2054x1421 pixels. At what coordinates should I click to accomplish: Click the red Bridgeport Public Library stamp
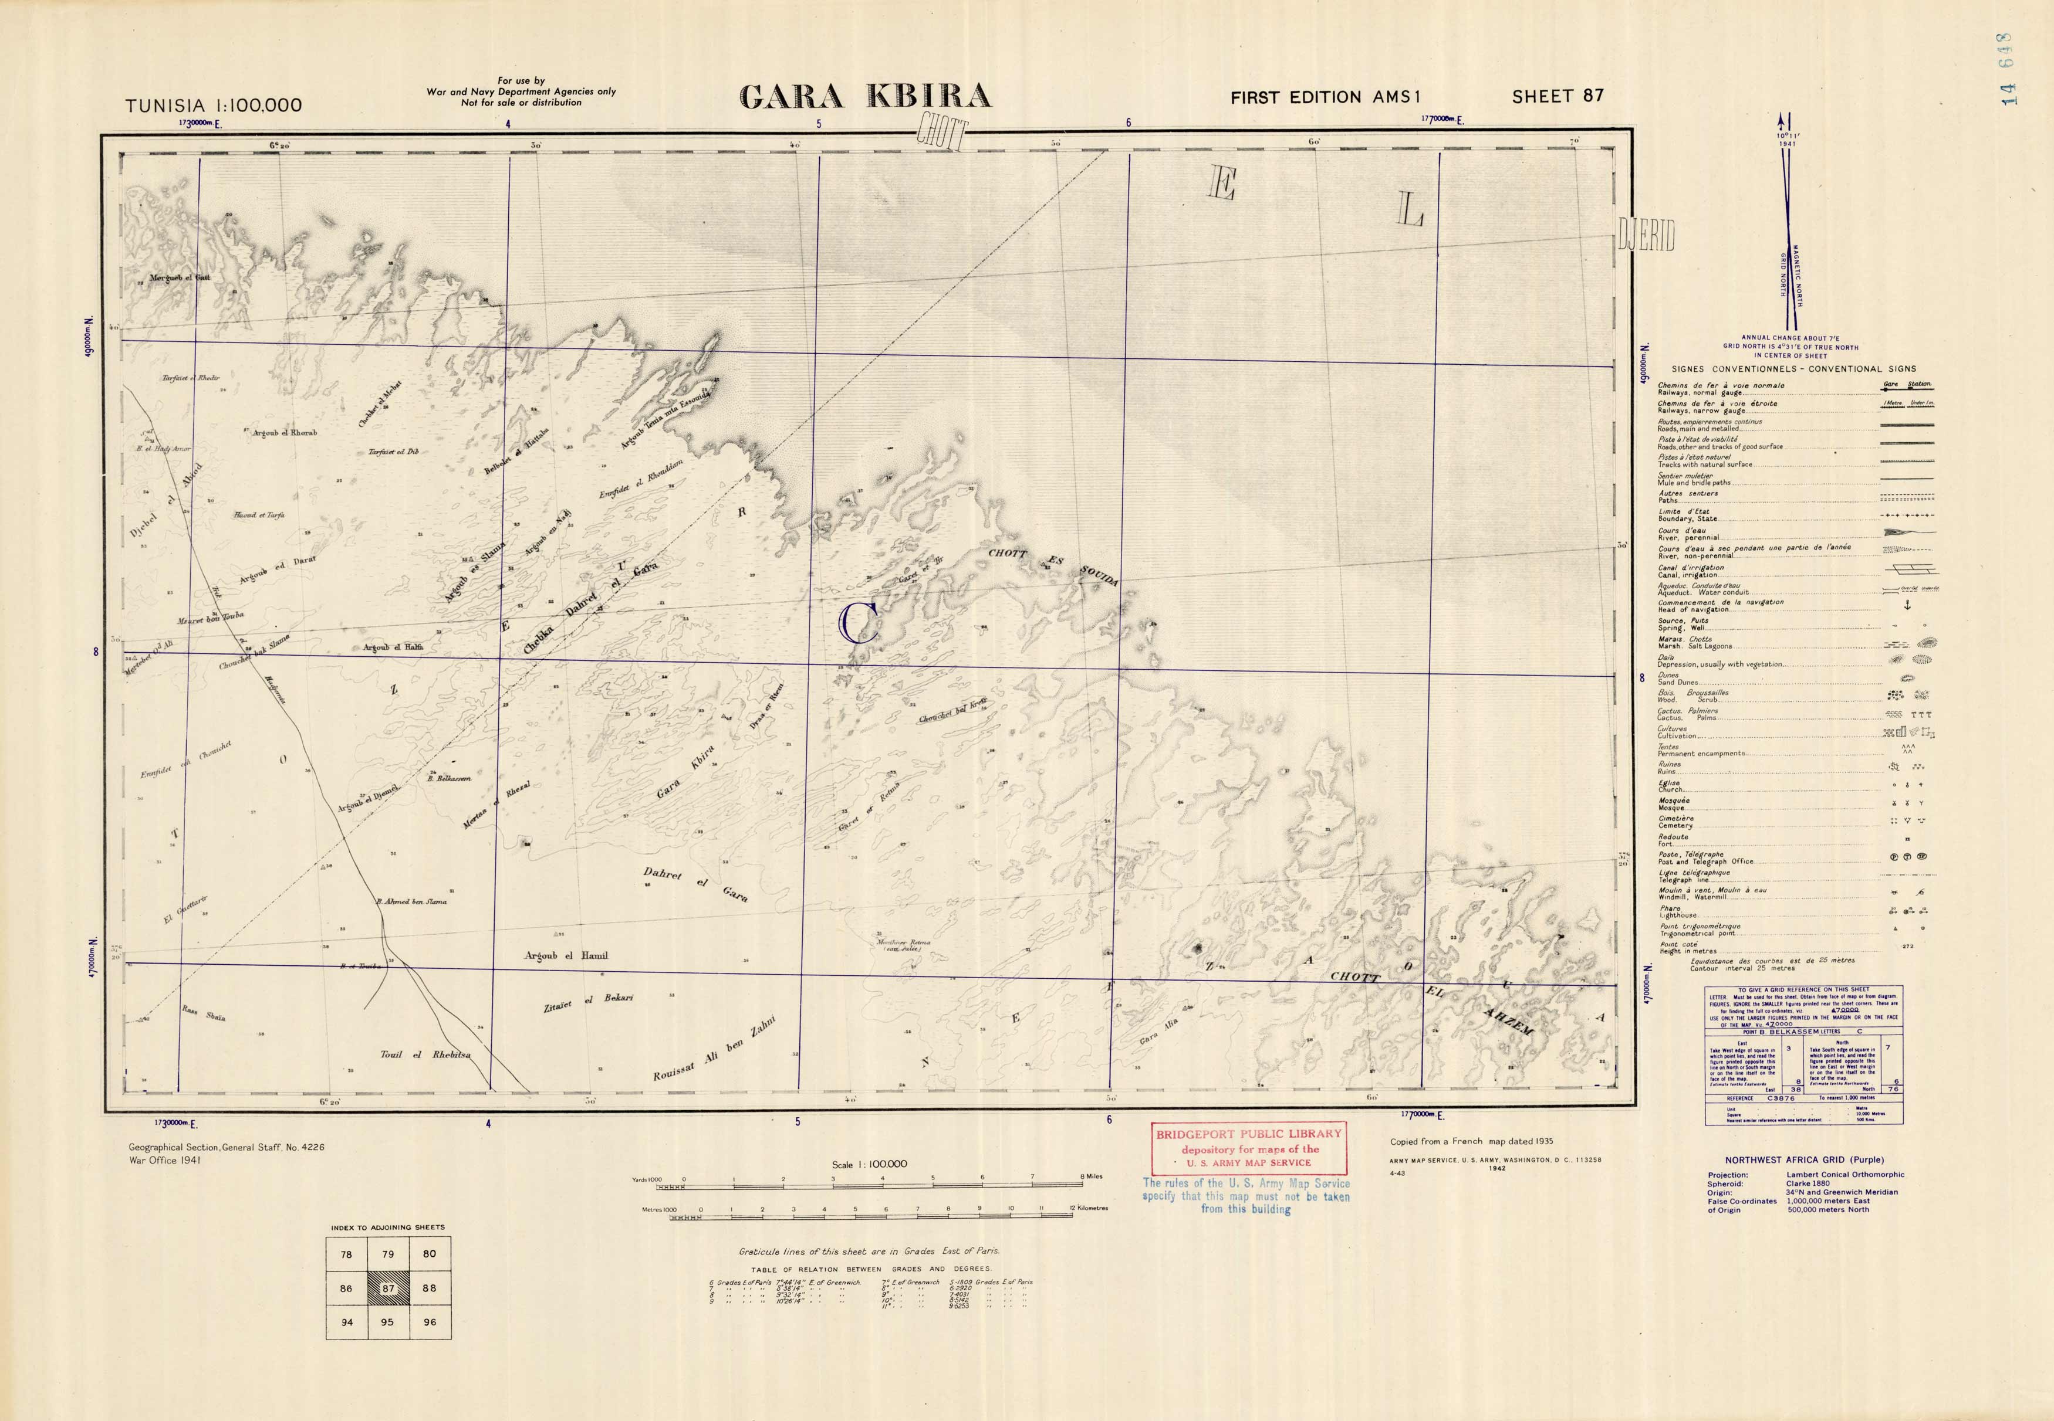1247,1148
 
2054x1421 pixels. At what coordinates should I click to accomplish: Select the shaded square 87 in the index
387,1288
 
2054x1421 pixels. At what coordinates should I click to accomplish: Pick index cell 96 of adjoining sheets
430,1322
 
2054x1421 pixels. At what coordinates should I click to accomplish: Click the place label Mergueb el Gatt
180,279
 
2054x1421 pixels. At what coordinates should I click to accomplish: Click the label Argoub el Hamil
566,955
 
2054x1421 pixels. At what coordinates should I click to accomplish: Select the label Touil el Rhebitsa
425,1055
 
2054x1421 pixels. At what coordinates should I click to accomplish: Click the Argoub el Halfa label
393,647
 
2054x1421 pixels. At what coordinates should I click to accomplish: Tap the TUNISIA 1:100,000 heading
214,105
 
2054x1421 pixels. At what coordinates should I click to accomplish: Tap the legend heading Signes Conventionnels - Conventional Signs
1793,369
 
